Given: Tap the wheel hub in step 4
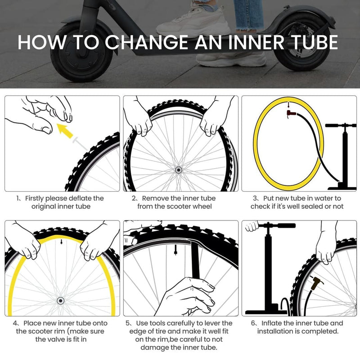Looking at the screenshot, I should (60, 300).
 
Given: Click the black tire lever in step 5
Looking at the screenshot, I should (195, 261).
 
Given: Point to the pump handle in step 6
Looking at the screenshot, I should (270, 225).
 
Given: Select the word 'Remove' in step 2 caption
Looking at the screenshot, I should (154, 198).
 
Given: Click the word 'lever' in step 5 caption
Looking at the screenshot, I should (212, 323).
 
